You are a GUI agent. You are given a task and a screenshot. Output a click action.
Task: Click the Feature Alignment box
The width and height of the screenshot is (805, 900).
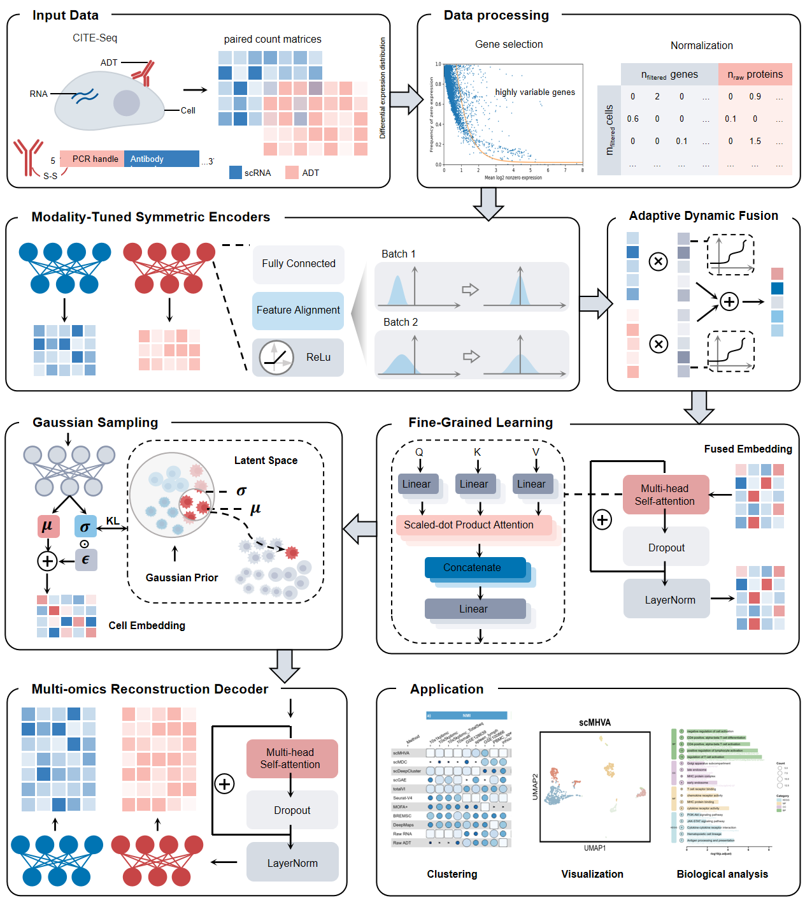pyautogui.click(x=298, y=310)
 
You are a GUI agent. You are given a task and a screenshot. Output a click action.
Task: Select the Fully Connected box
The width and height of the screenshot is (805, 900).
pyautogui.click(x=298, y=264)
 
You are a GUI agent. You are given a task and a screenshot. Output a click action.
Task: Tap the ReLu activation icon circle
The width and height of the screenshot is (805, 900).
pyautogui.click(x=276, y=357)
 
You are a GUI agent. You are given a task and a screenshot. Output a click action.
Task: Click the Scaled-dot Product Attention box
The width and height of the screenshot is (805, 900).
pyautogui.click(x=469, y=525)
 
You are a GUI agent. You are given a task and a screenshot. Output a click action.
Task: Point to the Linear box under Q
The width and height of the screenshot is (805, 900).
pyautogui.click(x=417, y=484)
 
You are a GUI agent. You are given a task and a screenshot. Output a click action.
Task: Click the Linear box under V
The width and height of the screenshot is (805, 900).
pyautogui.click(x=531, y=484)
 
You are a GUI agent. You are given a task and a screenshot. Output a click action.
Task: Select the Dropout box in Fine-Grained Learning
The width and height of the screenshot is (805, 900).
pyautogui.click(x=666, y=548)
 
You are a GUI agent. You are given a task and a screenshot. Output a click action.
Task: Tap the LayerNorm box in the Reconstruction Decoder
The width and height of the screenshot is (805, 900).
pyautogui.click(x=292, y=863)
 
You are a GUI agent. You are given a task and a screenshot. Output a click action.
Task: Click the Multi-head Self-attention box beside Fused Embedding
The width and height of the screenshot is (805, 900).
pyautogui.click(x=665, y=495)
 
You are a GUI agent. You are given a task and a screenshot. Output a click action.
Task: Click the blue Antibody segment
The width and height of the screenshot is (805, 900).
pyautogui.click(x=162, y=159)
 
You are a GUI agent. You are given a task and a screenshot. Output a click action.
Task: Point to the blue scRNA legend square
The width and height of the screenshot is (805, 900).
pyautogui.click(x=236, y=173)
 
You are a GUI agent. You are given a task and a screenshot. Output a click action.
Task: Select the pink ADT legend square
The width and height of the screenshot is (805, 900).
pyautogui.click(x=292, y=173)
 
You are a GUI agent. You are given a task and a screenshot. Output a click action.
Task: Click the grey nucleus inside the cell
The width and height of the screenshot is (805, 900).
pyautogui.click(x=127, y=103)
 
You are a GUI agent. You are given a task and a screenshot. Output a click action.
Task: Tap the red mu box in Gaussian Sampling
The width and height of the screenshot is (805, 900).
pyautogui.click(x=48, y=526)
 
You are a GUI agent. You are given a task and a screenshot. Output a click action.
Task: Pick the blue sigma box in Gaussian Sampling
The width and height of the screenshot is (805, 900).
pyautogui.click(x=85, y=526)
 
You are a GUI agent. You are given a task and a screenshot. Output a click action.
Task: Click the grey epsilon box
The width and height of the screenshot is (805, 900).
pyautogui.click(x=86, y=560)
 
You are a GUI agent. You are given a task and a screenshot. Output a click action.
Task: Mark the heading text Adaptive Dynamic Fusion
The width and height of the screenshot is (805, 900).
pyautogui.click(x=703, y=216)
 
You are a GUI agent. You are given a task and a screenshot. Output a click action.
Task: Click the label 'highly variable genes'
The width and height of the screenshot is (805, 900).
pyautogui.click(x=535, y=92)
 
